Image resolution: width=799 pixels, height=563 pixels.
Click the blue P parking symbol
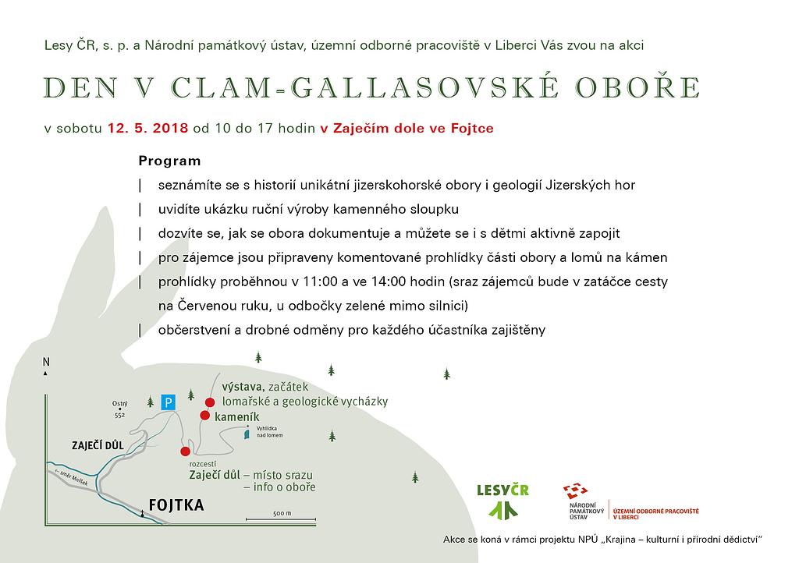168,402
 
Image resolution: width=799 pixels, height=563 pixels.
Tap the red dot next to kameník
204,416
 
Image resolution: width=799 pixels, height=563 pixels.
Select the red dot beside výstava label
209,402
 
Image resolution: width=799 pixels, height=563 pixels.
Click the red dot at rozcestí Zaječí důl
185,451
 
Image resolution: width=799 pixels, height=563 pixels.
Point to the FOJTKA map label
176,505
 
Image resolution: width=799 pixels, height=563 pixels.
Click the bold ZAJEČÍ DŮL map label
98,444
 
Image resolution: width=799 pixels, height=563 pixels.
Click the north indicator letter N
46,362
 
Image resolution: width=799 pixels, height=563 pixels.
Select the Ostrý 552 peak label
119,409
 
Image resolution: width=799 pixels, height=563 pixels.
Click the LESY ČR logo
502,499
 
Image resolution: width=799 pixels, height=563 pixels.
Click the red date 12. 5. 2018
147,129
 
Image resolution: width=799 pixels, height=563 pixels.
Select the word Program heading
169,161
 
